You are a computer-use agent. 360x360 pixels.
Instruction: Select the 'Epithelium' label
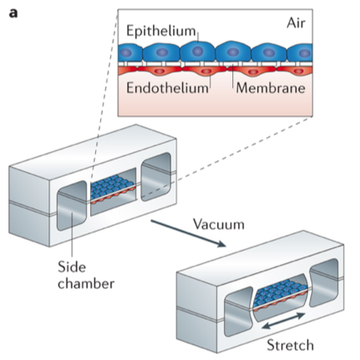click(162, 32)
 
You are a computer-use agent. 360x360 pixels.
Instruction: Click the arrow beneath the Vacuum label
click(187, 233)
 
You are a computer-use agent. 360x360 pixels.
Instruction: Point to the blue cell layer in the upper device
click(114, 190)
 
